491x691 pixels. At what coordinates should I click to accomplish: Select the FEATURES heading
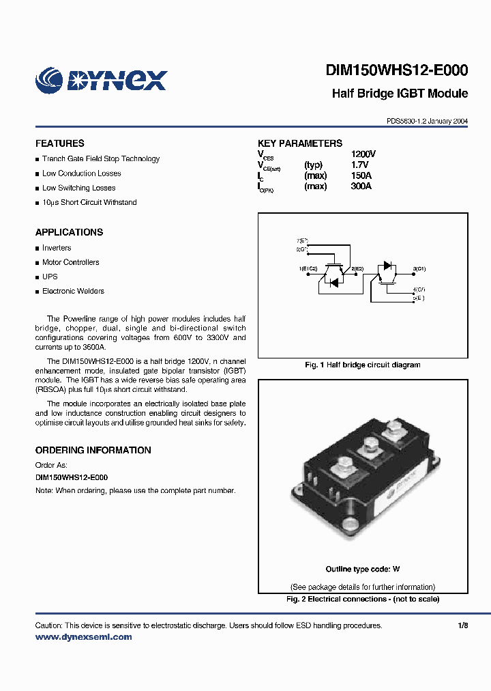tap(60, 143)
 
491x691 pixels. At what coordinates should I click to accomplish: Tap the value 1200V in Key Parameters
tap(363, 154)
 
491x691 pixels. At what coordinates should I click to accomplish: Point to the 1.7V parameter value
tap(359, 165)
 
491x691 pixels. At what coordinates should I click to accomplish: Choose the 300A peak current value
tap(361, 186)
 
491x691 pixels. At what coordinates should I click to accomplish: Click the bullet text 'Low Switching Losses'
tap(78, 188)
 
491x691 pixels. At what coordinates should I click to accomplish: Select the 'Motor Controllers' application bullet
tap(70, 262)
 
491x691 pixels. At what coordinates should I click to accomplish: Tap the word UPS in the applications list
tap(50, 277)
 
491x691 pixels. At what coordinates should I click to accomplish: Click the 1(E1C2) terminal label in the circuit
tap(308, 269)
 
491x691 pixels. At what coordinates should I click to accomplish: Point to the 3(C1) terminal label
tap(419, 269)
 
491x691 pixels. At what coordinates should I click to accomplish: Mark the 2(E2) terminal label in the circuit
tap(357, 269)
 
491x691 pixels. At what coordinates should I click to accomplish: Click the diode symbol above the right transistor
tap(387, 265)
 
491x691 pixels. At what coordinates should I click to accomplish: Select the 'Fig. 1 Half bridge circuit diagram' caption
tap(362, 365)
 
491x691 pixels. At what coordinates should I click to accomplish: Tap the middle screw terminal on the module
tap(369, 445)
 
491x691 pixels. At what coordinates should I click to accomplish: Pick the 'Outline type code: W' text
tap(362, 569)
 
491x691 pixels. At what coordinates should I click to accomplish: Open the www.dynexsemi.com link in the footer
tap(83, 637)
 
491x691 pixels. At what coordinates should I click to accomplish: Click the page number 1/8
tap(463, 625)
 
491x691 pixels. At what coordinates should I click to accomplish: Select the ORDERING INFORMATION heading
tap(93, 450)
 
